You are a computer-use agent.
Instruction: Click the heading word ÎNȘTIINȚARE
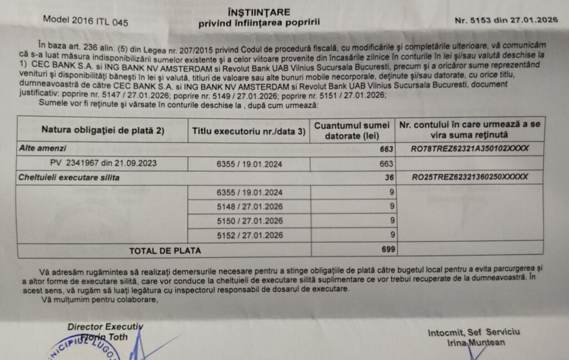click(x=259, y=12)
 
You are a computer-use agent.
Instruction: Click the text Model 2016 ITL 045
click(x=86, y=22)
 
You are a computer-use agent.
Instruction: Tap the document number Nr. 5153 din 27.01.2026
click(x=506, y=20)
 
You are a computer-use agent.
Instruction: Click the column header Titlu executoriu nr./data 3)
click(x=248, y=132)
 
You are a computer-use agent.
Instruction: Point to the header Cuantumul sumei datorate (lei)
click(x=352, y=130)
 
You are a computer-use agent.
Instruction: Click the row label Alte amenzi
click(x=43, y=149)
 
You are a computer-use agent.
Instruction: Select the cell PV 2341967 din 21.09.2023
click(x=103, y=163)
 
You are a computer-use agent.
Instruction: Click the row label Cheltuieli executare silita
click(x=69, y=178)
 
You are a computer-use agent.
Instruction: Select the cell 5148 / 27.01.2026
click(x=249, y=207)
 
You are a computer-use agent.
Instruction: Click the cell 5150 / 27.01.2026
click(x=249, y=221)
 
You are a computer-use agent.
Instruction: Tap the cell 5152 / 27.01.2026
click(x=249, y=236)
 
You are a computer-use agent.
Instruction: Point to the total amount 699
click(x=388, y=250)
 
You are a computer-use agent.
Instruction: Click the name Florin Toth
click(x=104, y=337)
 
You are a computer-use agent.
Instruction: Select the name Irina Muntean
click(x=476, y=343)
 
